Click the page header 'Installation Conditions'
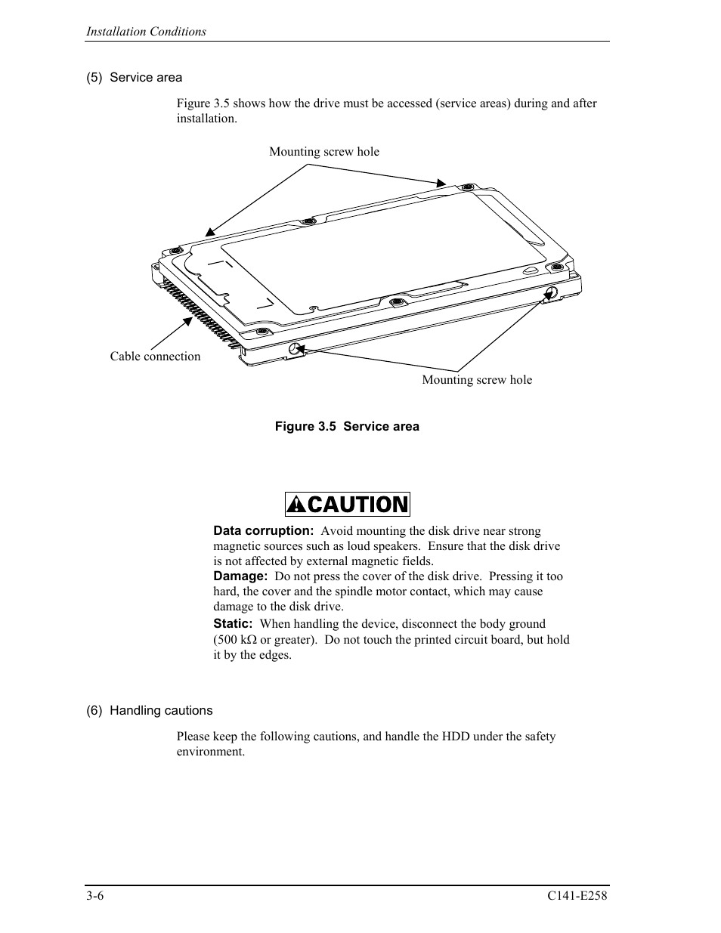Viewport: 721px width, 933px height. tap(146, 32)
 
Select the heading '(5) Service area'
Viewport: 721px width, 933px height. tap(135, 78)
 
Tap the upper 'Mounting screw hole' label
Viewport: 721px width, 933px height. tap(324, 152)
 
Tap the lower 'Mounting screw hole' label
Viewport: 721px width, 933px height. tap(477, 380)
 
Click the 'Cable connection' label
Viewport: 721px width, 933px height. tap(155, 357)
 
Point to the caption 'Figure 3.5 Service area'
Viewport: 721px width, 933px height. tap(347, 427)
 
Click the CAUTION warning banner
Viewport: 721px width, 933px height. tap(348, 504)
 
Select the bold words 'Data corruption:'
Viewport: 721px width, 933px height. tap(263, 531)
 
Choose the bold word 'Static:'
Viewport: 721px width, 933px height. tap(233, 624)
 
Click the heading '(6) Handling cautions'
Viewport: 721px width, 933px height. tap(150, 711)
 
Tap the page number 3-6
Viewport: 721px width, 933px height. tap(95, 897)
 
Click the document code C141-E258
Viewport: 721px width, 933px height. tap(577, 897)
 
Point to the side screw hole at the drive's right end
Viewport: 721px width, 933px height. tap(551, 292)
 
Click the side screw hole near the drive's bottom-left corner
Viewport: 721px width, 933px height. tap(294, 348)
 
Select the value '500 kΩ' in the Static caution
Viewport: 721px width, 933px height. tap(237, 640)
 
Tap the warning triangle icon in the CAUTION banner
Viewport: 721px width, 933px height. tap(297, 504)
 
